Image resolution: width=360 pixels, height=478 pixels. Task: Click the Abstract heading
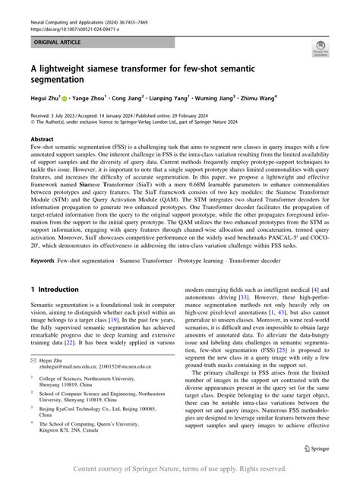[x=42, y=140]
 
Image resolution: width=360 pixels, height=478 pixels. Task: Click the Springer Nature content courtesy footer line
[x=180, y=468]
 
